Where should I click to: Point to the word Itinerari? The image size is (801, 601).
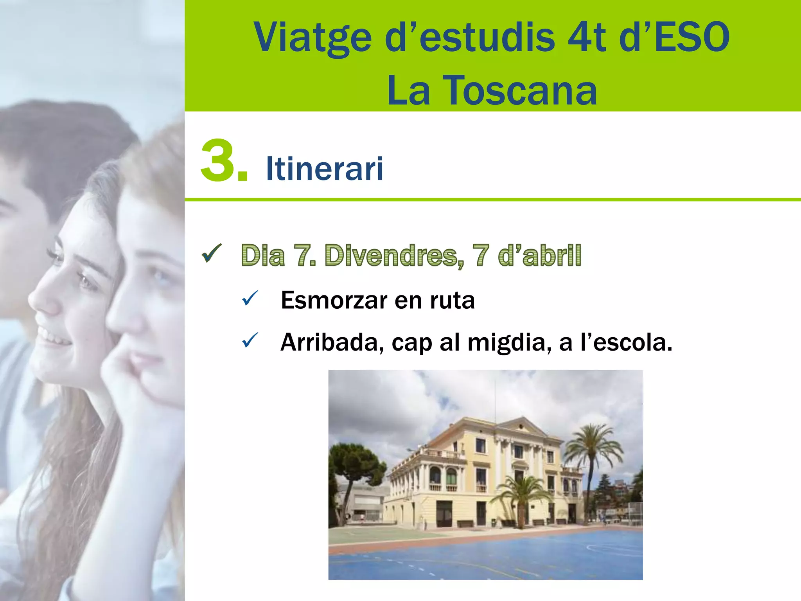click(324, 169)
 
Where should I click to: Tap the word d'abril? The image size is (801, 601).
click(540, 255)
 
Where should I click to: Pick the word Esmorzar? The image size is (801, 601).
click(334, 300)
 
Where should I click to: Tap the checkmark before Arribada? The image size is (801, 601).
click(250, 340)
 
